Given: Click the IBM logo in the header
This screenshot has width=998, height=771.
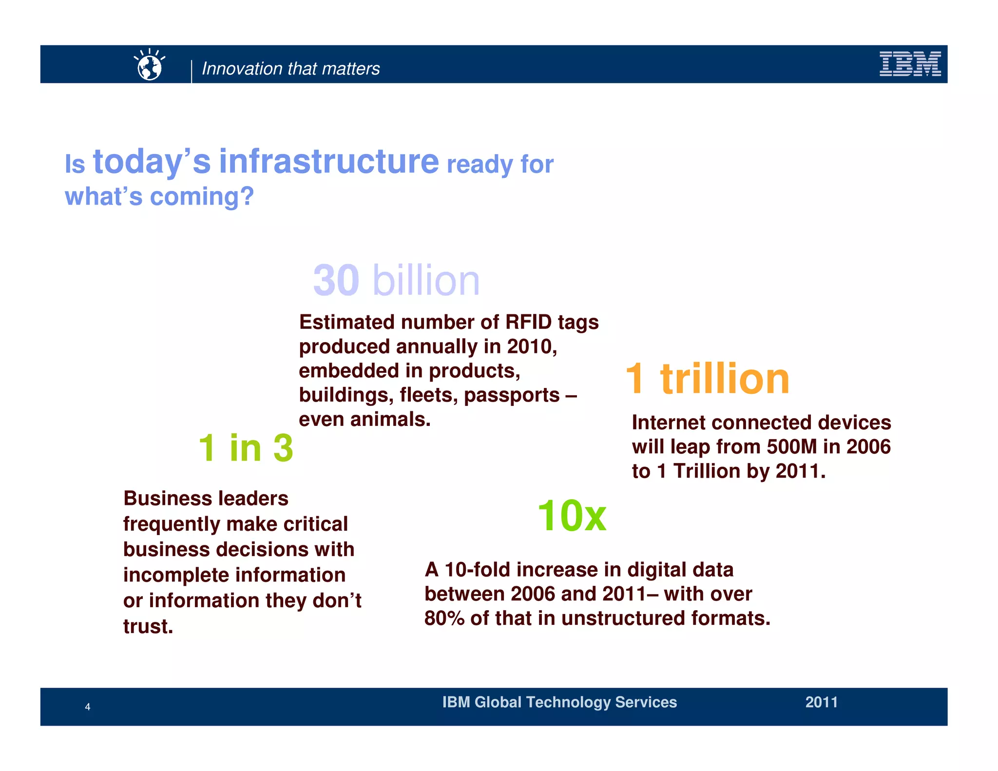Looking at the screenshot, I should [910, 64].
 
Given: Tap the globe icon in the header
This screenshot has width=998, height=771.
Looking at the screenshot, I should [150, 66].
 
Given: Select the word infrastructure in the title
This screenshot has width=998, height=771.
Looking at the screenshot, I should [329, 161].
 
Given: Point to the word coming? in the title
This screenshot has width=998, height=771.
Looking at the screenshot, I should [202, 197].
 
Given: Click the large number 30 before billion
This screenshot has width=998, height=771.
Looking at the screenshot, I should [336, 280].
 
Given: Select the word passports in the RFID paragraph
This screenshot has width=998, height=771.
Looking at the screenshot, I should [512, 395].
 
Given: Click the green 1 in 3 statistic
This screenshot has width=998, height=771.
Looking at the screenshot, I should [246, 448].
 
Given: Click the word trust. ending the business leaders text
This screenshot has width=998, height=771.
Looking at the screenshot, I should [148, 627].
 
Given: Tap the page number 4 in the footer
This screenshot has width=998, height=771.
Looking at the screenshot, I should [88, 707].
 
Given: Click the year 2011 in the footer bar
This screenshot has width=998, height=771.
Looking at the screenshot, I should [821, 702].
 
